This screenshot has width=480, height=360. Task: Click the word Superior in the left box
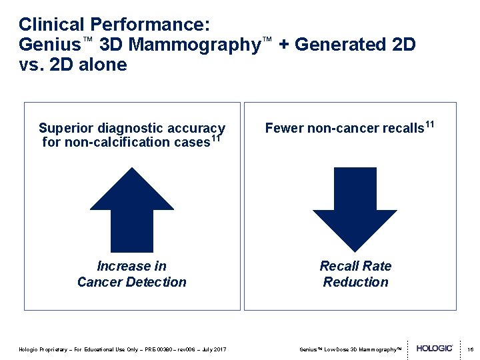[65, 128]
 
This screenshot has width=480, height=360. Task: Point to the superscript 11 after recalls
[429, 123]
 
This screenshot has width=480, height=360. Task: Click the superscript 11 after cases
[215, 139]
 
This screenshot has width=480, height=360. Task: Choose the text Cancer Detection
[132, 282]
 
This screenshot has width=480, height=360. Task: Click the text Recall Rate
[355, 266]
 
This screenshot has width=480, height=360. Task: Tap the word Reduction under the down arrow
[355, 282]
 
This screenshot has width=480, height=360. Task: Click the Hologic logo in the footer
[435, 348]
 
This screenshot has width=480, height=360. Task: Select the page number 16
[469, 349]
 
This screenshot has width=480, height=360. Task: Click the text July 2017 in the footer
[213, 349]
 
